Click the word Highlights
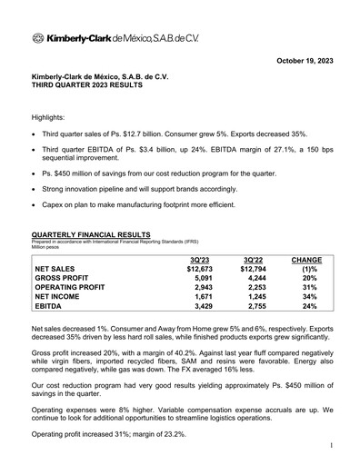pyautogui.click(x=51, y=118)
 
